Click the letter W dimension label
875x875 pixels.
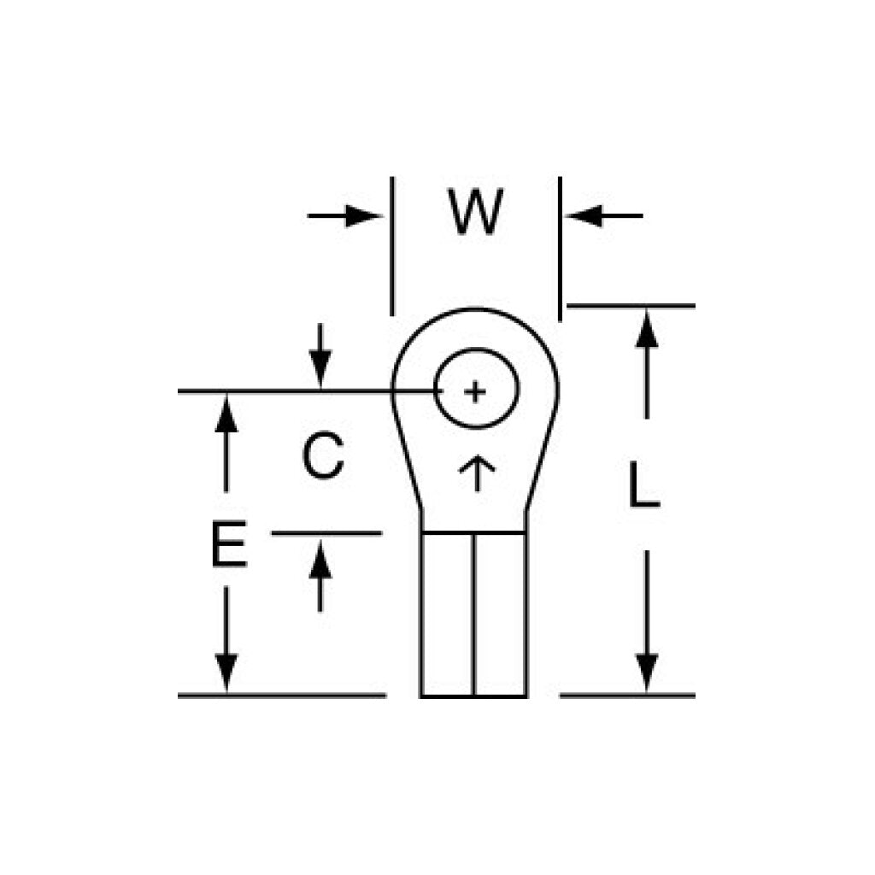475,212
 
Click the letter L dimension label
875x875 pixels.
644,484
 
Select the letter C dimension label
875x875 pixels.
322,455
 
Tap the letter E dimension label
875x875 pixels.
229,543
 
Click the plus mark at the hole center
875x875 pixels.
475,391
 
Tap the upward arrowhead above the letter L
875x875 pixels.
647,329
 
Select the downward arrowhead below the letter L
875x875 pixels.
647,673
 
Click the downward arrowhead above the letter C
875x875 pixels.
320,369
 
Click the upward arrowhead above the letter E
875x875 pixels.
226,414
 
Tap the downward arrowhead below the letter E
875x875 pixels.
226,673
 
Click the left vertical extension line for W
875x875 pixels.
392,246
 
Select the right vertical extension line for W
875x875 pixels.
560,249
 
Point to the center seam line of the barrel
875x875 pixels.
473,615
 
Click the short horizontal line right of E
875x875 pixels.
326,533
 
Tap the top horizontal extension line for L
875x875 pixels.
631,306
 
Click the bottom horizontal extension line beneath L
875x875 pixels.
627,696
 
